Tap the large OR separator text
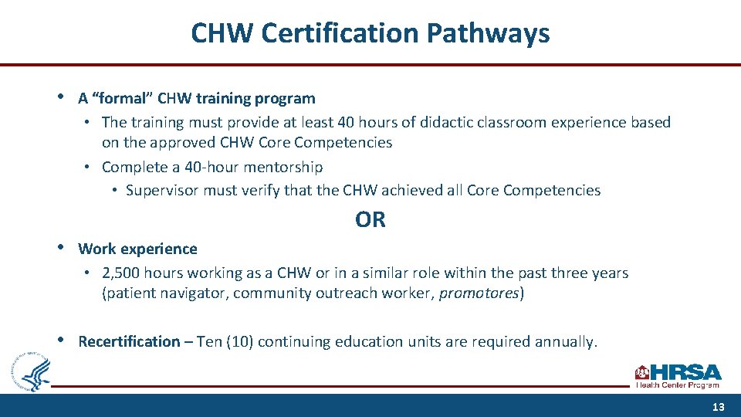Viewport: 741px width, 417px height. [x=370, y=220]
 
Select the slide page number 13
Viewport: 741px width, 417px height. [x=718, y=407]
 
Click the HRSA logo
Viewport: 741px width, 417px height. [x=678, y=375]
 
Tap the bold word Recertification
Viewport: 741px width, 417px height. [x=129, y=341]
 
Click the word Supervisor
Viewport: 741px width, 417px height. [x=163, y=190]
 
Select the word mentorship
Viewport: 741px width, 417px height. [x=285, y=167]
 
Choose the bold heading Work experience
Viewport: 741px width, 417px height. [x=137, y=249]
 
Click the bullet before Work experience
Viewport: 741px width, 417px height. [x=60, y=248]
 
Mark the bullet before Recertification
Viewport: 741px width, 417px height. [x=60, y=341]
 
